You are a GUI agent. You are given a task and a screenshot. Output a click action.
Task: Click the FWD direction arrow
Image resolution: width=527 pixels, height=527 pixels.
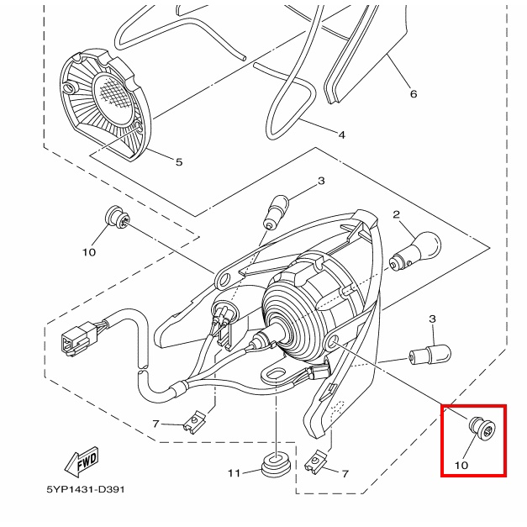click(x=82, y=461)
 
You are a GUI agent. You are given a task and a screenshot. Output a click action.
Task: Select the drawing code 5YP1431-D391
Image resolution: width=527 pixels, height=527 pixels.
click(x=86, y=489)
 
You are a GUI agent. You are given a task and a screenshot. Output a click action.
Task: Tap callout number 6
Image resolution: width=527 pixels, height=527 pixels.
click(x=414, y=94)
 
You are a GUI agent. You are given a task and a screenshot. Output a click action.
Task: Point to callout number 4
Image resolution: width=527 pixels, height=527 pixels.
click(x=341, y=134)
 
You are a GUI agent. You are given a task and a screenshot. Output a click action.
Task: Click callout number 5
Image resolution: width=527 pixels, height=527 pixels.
click(x=179, y=162)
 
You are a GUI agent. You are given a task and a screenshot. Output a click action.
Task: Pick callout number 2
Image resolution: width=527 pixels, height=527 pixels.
click(x=397, y=214)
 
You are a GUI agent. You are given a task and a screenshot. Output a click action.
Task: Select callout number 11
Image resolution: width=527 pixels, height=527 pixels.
click(x=235, y=473)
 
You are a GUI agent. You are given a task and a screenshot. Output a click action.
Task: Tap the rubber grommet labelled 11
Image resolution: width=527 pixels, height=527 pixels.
click(x=276, y=464)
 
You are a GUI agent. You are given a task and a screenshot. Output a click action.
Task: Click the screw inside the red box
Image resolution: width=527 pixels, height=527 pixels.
click(x=482, y=428)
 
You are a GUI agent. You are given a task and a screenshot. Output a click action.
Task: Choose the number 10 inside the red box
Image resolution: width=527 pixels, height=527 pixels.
click(x=461, y=465)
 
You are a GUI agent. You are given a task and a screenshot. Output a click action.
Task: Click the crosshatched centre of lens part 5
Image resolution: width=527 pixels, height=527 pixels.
click(x=115, y=96)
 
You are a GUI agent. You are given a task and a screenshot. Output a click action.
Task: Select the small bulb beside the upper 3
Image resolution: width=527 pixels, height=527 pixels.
click(x=277, y=212)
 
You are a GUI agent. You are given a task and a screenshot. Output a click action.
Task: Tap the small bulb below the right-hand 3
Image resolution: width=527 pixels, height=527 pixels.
click(x=430, y=355)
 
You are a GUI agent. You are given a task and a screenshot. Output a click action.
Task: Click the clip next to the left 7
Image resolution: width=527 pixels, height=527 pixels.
click(x=194, y=423)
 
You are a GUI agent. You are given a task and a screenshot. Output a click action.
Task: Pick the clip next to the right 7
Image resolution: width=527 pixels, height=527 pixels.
click(x=316, y=461)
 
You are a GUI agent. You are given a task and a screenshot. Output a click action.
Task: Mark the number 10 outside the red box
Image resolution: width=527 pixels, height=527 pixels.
click(x=89, y=252)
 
